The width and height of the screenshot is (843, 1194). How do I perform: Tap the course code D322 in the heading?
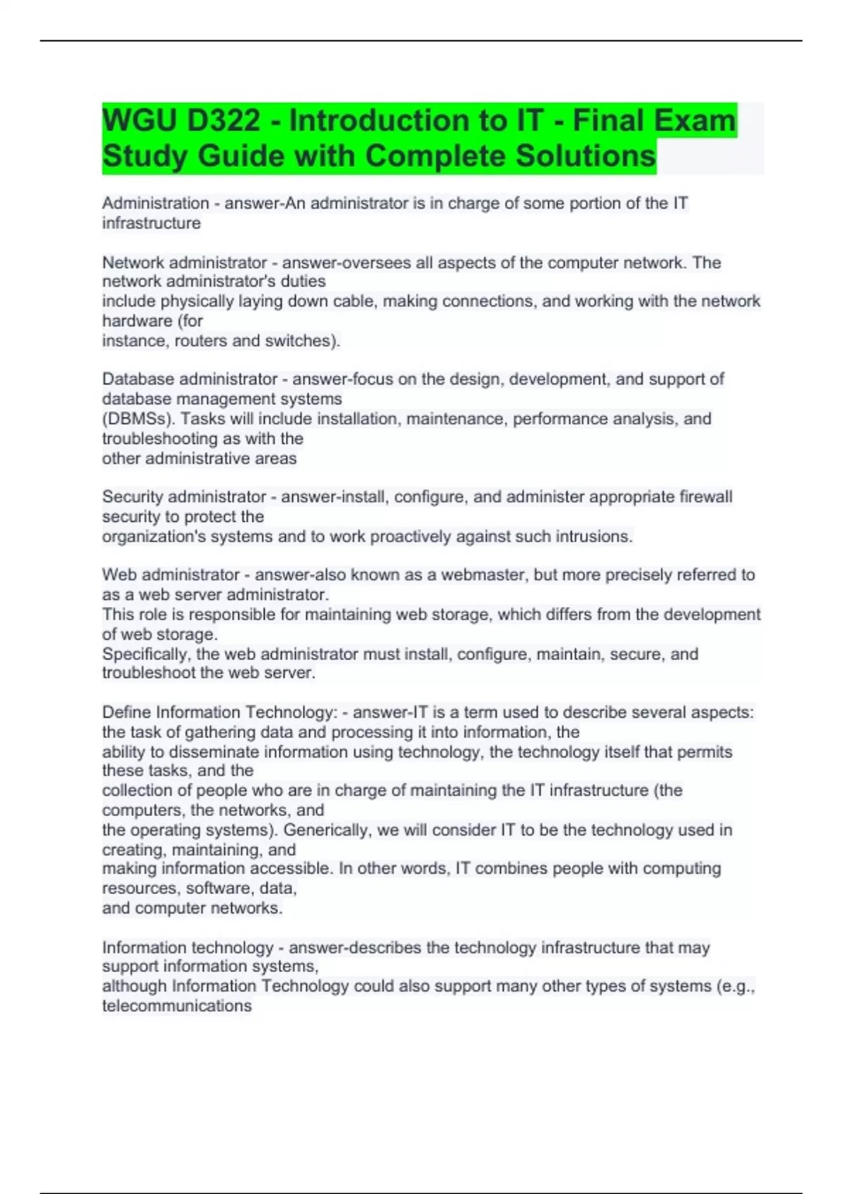click(x=224, y=121)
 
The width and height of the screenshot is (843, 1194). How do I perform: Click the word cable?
click(x=355, y=301)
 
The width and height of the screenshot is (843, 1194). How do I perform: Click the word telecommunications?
click(x=176, y=1006)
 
